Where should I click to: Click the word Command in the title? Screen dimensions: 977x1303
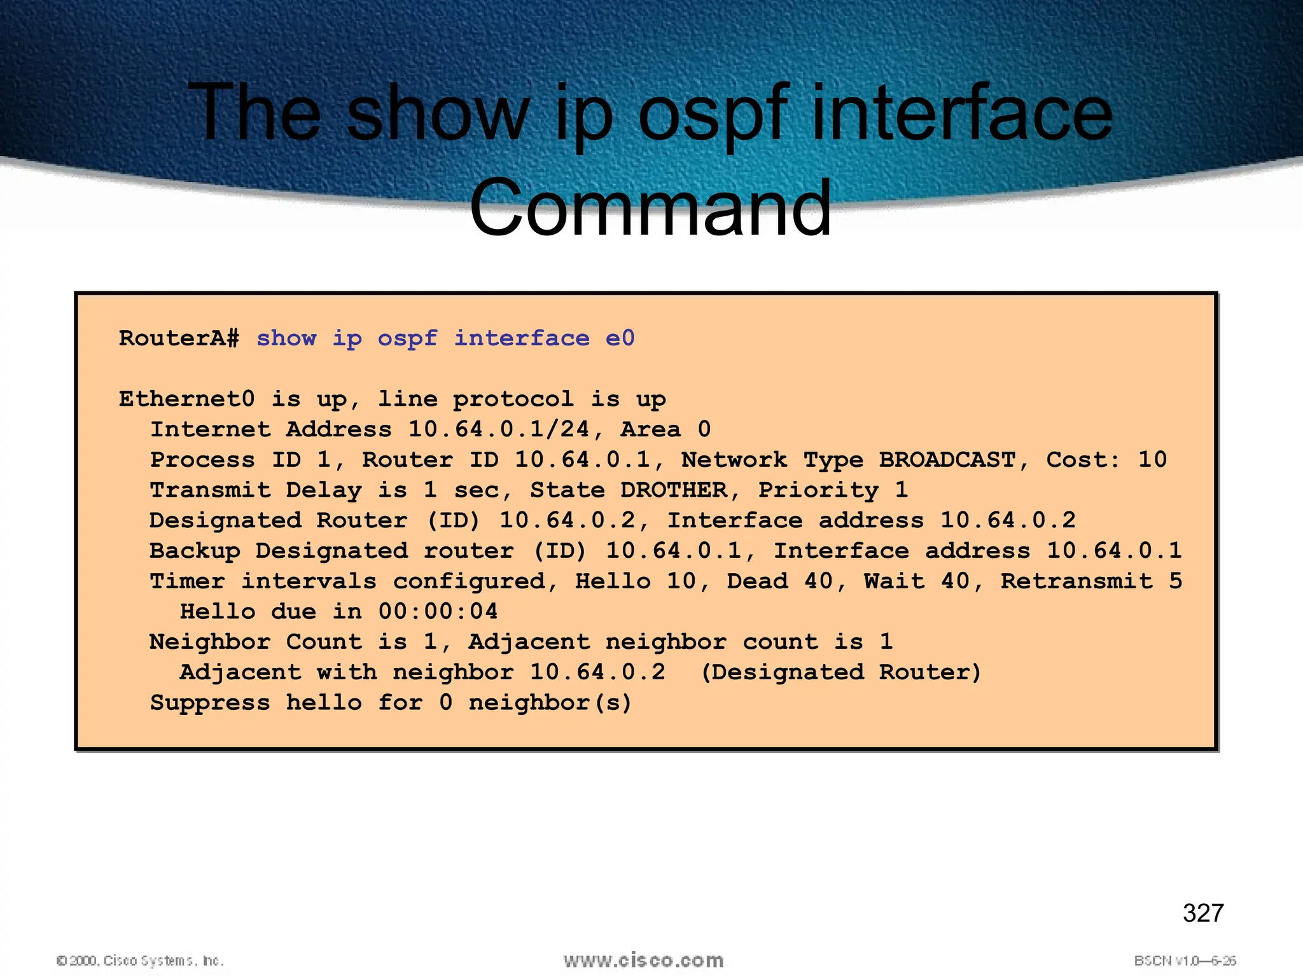click(x=650, y=209)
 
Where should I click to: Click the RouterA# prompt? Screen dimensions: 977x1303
click(x=179, y=338)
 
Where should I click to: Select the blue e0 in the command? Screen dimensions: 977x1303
click(x=620, y=338)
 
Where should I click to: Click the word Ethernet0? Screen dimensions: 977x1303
click(x=186, y=399)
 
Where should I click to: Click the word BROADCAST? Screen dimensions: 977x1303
click(x=947, y=460)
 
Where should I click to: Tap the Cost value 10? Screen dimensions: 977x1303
click(x=1152, y=460)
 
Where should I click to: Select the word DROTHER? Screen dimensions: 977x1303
click(x=673, y=490)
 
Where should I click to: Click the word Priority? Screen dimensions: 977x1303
click(x=818, y=490)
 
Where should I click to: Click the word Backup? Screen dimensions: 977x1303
click(x=195, y=551)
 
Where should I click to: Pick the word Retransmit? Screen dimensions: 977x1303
click(x=1077, y=581)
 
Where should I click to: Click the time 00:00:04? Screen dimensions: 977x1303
click(x=438, y=612)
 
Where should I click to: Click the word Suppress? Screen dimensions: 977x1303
click(x=210, y=703)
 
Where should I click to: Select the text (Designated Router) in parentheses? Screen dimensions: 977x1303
click(x=840, y=672)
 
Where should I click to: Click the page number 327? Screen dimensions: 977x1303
click(x=1202, y=913)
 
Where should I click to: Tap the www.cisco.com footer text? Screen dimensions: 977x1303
click(x=643, y=960)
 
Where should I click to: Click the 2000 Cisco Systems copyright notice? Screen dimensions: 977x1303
click(x=140, y=960)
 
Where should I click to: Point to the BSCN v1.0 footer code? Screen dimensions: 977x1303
click(x=1185, y=960)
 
